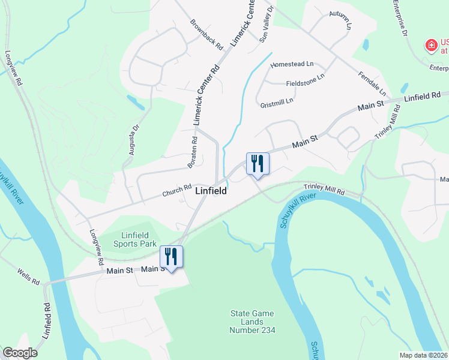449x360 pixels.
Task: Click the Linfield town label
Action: coord(211,191)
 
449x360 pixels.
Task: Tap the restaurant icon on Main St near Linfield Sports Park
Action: coord(171,257)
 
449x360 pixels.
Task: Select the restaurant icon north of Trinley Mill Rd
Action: coord(258,163)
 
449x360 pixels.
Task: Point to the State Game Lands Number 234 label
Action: coord(253,322)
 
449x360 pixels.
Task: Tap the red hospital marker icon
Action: coord(430,45)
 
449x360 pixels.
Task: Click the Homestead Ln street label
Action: coord(292,64)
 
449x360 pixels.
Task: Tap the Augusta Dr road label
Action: coord(133,139)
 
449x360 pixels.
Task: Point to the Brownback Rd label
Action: coord(206,34)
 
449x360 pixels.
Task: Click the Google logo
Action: coord(20,353)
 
